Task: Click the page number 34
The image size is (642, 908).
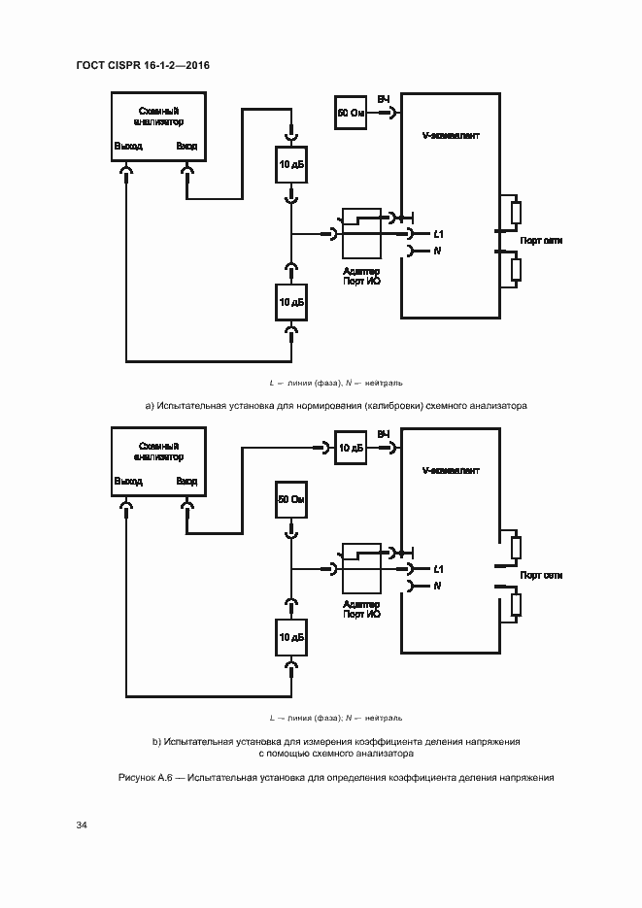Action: click(x=82, y=825)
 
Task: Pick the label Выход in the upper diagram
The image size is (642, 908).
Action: click(x=127, y=147)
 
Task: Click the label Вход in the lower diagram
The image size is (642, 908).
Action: click(x=187, y=482)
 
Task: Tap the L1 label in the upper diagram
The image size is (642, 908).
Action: click(x=439, y=234)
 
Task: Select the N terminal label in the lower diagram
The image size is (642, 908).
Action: click(x=438, y=586)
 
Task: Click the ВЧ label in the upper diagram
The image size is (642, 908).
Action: click(x=384, y=100)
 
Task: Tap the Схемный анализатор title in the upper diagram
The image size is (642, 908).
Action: click(x=157, y=116)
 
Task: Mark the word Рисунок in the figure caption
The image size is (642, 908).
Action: click(x=136, y=778)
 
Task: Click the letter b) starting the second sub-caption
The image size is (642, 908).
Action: click(x=156, y=741)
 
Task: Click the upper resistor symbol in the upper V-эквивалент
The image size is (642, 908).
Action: click(x=517, y=211)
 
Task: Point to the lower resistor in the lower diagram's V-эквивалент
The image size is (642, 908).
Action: click(x=517, y=604)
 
